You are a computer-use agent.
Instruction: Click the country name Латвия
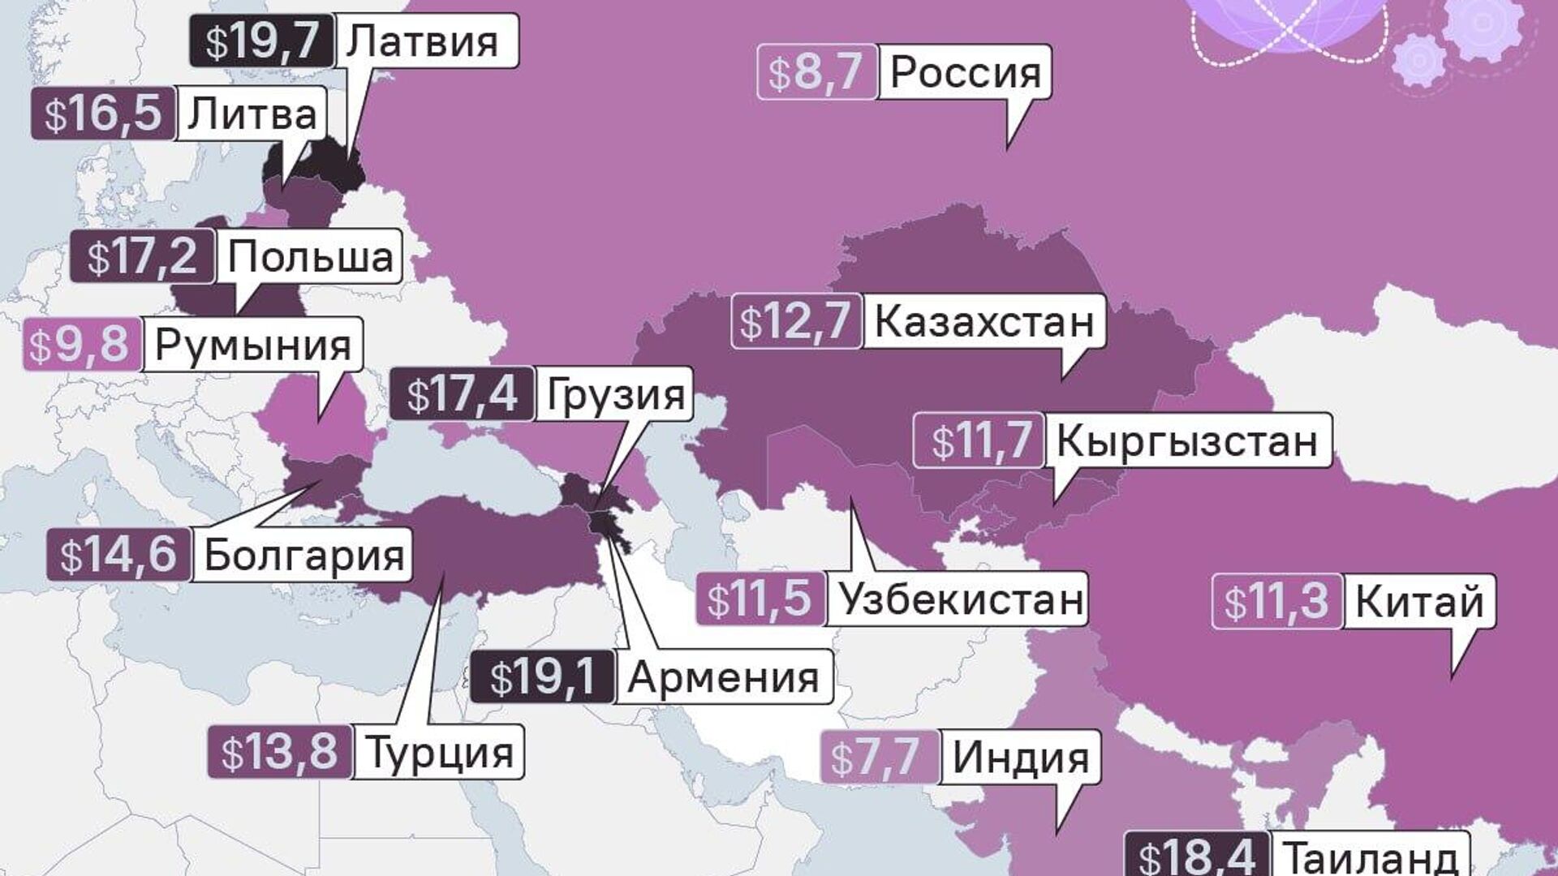click(422, 41)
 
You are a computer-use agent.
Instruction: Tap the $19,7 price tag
click(261, 41)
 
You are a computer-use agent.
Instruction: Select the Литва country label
click(252, 114)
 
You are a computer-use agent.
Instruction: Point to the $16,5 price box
click(102, 114)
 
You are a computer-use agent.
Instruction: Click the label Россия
click(965, 72)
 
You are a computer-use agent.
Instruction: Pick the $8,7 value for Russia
click(816, 72)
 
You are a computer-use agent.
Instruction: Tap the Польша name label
click(310, 256)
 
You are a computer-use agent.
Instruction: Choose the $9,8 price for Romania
click(81, 345)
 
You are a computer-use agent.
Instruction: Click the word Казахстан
click(983, 321)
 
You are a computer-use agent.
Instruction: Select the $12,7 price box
click(795, 321)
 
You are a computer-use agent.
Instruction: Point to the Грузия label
click(615, 394)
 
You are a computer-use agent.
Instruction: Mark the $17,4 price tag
click(461, 394)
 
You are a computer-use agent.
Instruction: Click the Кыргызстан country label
click(1186, 440)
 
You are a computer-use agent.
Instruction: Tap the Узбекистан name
click(961, 599)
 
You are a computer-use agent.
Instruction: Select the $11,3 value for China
click(1276, 602)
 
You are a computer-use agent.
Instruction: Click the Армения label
click(723, 676)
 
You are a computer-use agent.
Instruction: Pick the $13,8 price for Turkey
click(280, 752)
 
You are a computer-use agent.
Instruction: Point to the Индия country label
click(1020, 757)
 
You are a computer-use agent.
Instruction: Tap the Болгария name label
click(303, 556)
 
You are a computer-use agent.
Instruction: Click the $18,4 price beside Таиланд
click(1197, 857)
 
